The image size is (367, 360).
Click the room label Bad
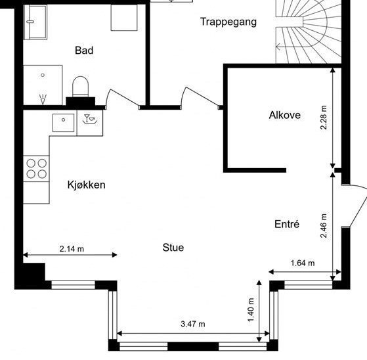coord(84,50)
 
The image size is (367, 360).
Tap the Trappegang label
coord(228,22)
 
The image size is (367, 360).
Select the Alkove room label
coord(284,115)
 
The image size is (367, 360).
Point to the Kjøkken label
coord(86,185)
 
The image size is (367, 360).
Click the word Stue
coord(173,248)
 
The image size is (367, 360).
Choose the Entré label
coord(286,224)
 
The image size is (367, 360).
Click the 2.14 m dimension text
coord(72,248)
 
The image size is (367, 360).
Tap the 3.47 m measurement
coord(193,324)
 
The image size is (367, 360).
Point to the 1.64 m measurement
coord(302,263)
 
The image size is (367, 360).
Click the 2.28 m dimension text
coord(324,117)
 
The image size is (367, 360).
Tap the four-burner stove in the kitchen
coord(36,169)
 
